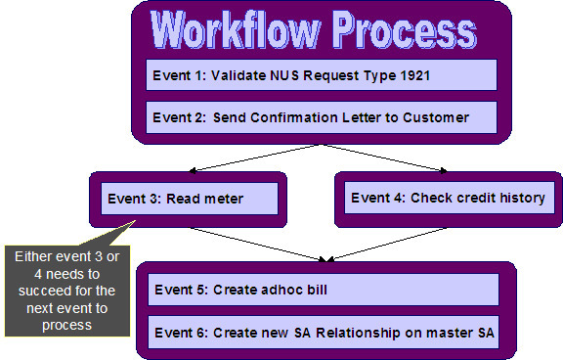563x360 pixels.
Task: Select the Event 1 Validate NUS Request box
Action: pyautogui.click(x=322, y=75)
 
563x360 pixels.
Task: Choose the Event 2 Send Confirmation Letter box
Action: pyautogui.click(x=322, y=117)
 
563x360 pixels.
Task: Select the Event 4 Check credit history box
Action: pyautogui.click(x=447, y=198)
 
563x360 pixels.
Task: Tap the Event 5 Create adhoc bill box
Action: pyautogui.click(x=322, y=289)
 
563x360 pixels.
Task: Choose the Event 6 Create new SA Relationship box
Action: pyautogui.click(x=322, y=334)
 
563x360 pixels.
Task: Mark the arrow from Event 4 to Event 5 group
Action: pyautogui.click(x=386, y=245)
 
